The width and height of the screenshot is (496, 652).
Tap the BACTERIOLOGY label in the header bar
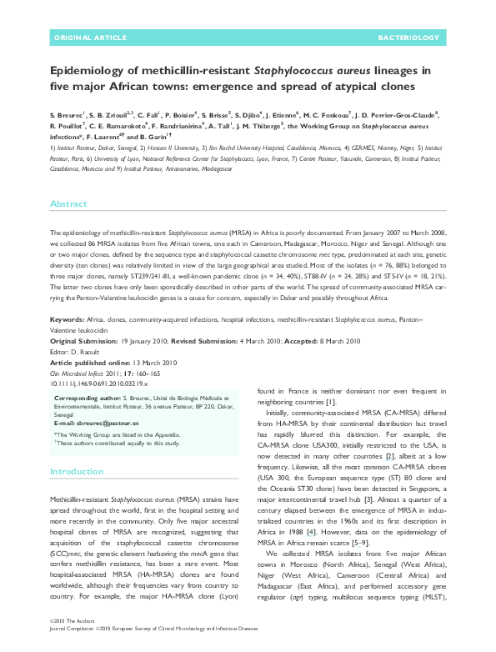pyautogui.click(x=408, y=38)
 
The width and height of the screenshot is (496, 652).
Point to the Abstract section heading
pyautogui.click(x=68, y=203)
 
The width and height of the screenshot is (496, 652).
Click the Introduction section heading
pyautogui.click(x=77, y=472)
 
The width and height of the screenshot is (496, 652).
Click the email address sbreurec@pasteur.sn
pyautogui.click(x=111, y=424)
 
